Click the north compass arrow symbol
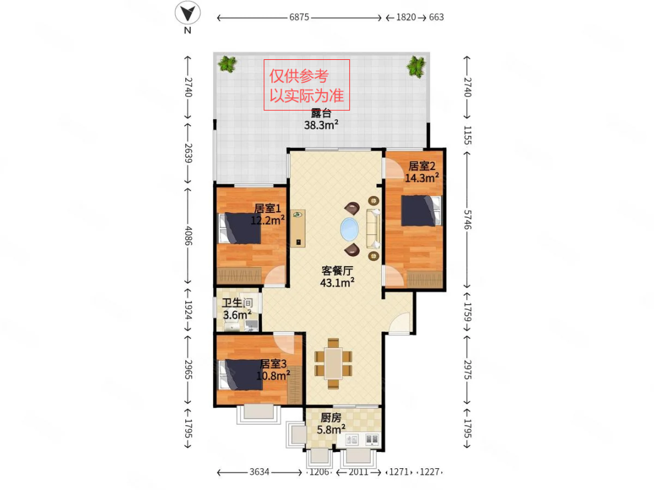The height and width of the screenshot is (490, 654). (x=188, y=13)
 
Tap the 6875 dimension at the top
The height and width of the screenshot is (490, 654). (x=299, y=18)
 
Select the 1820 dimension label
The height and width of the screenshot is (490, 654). (x=406, y=18)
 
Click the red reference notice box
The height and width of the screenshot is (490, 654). (x=306, y=85)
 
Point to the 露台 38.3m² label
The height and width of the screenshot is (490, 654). (x=321, y=119)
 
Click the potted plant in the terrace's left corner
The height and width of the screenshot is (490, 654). (x=227, y=64)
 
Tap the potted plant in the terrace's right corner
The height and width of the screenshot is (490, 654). (x=416, y=67)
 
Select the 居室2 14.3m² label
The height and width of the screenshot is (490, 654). (x=421, y=172)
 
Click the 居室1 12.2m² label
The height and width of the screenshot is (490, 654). (x=268, y=214)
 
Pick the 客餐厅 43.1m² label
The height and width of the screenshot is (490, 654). (x=337, y=276)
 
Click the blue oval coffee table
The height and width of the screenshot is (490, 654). (x=349, y=230)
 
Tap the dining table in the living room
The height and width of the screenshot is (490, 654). (x=333, y=364)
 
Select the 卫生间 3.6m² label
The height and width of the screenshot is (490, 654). (x=237, y=309)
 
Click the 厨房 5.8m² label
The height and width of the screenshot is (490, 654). (x=331, y=423)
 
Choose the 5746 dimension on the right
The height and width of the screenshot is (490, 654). (x=467, y=220)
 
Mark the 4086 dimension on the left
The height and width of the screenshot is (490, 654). (x=188, y=235)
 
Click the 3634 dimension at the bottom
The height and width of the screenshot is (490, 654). (x=259, y=472)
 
